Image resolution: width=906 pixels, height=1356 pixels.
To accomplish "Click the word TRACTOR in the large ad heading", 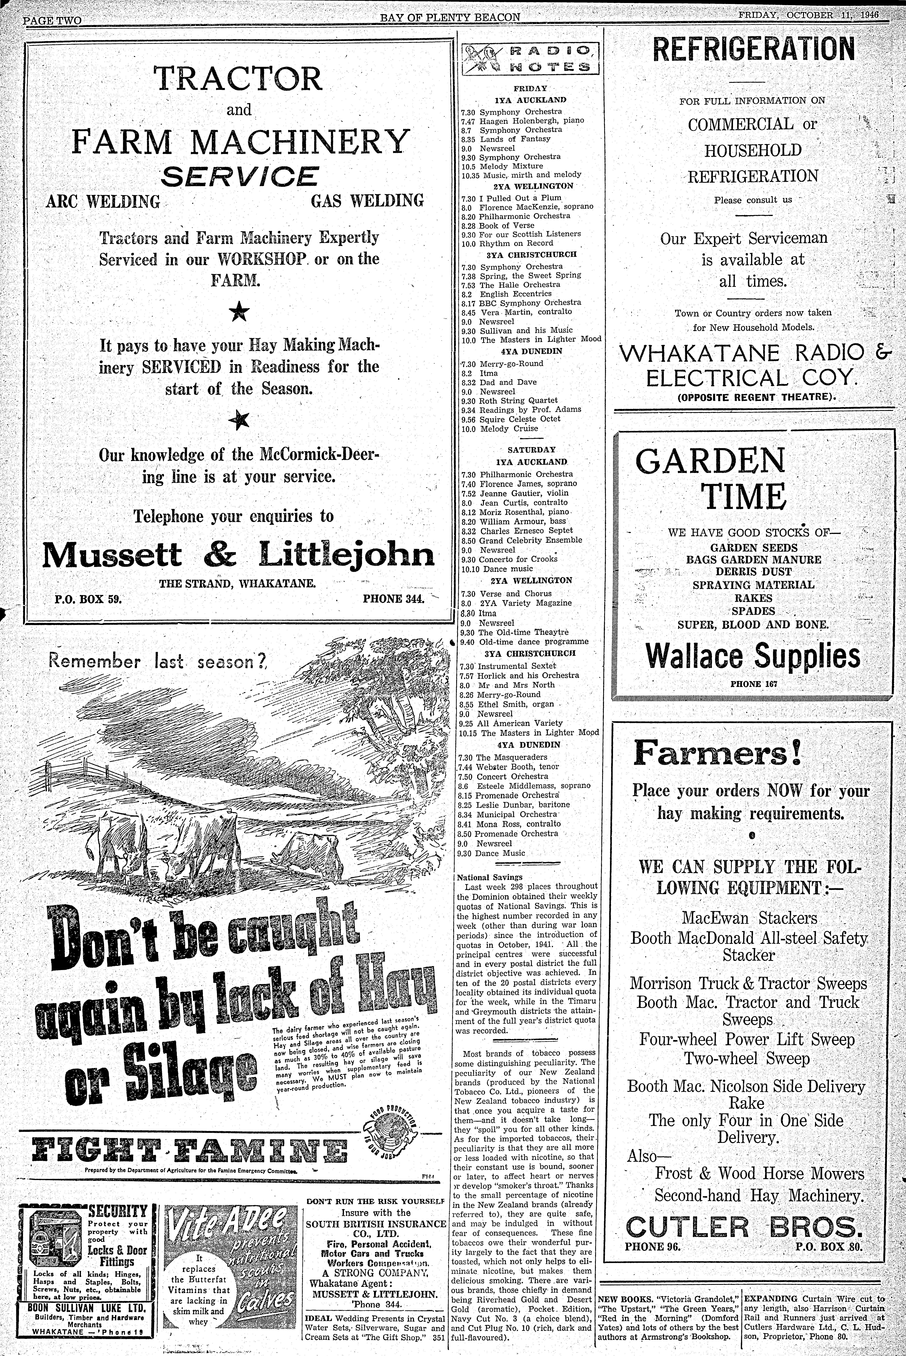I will (x=238, y=79).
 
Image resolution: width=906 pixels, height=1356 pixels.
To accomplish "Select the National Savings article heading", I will (x=481, y=877).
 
